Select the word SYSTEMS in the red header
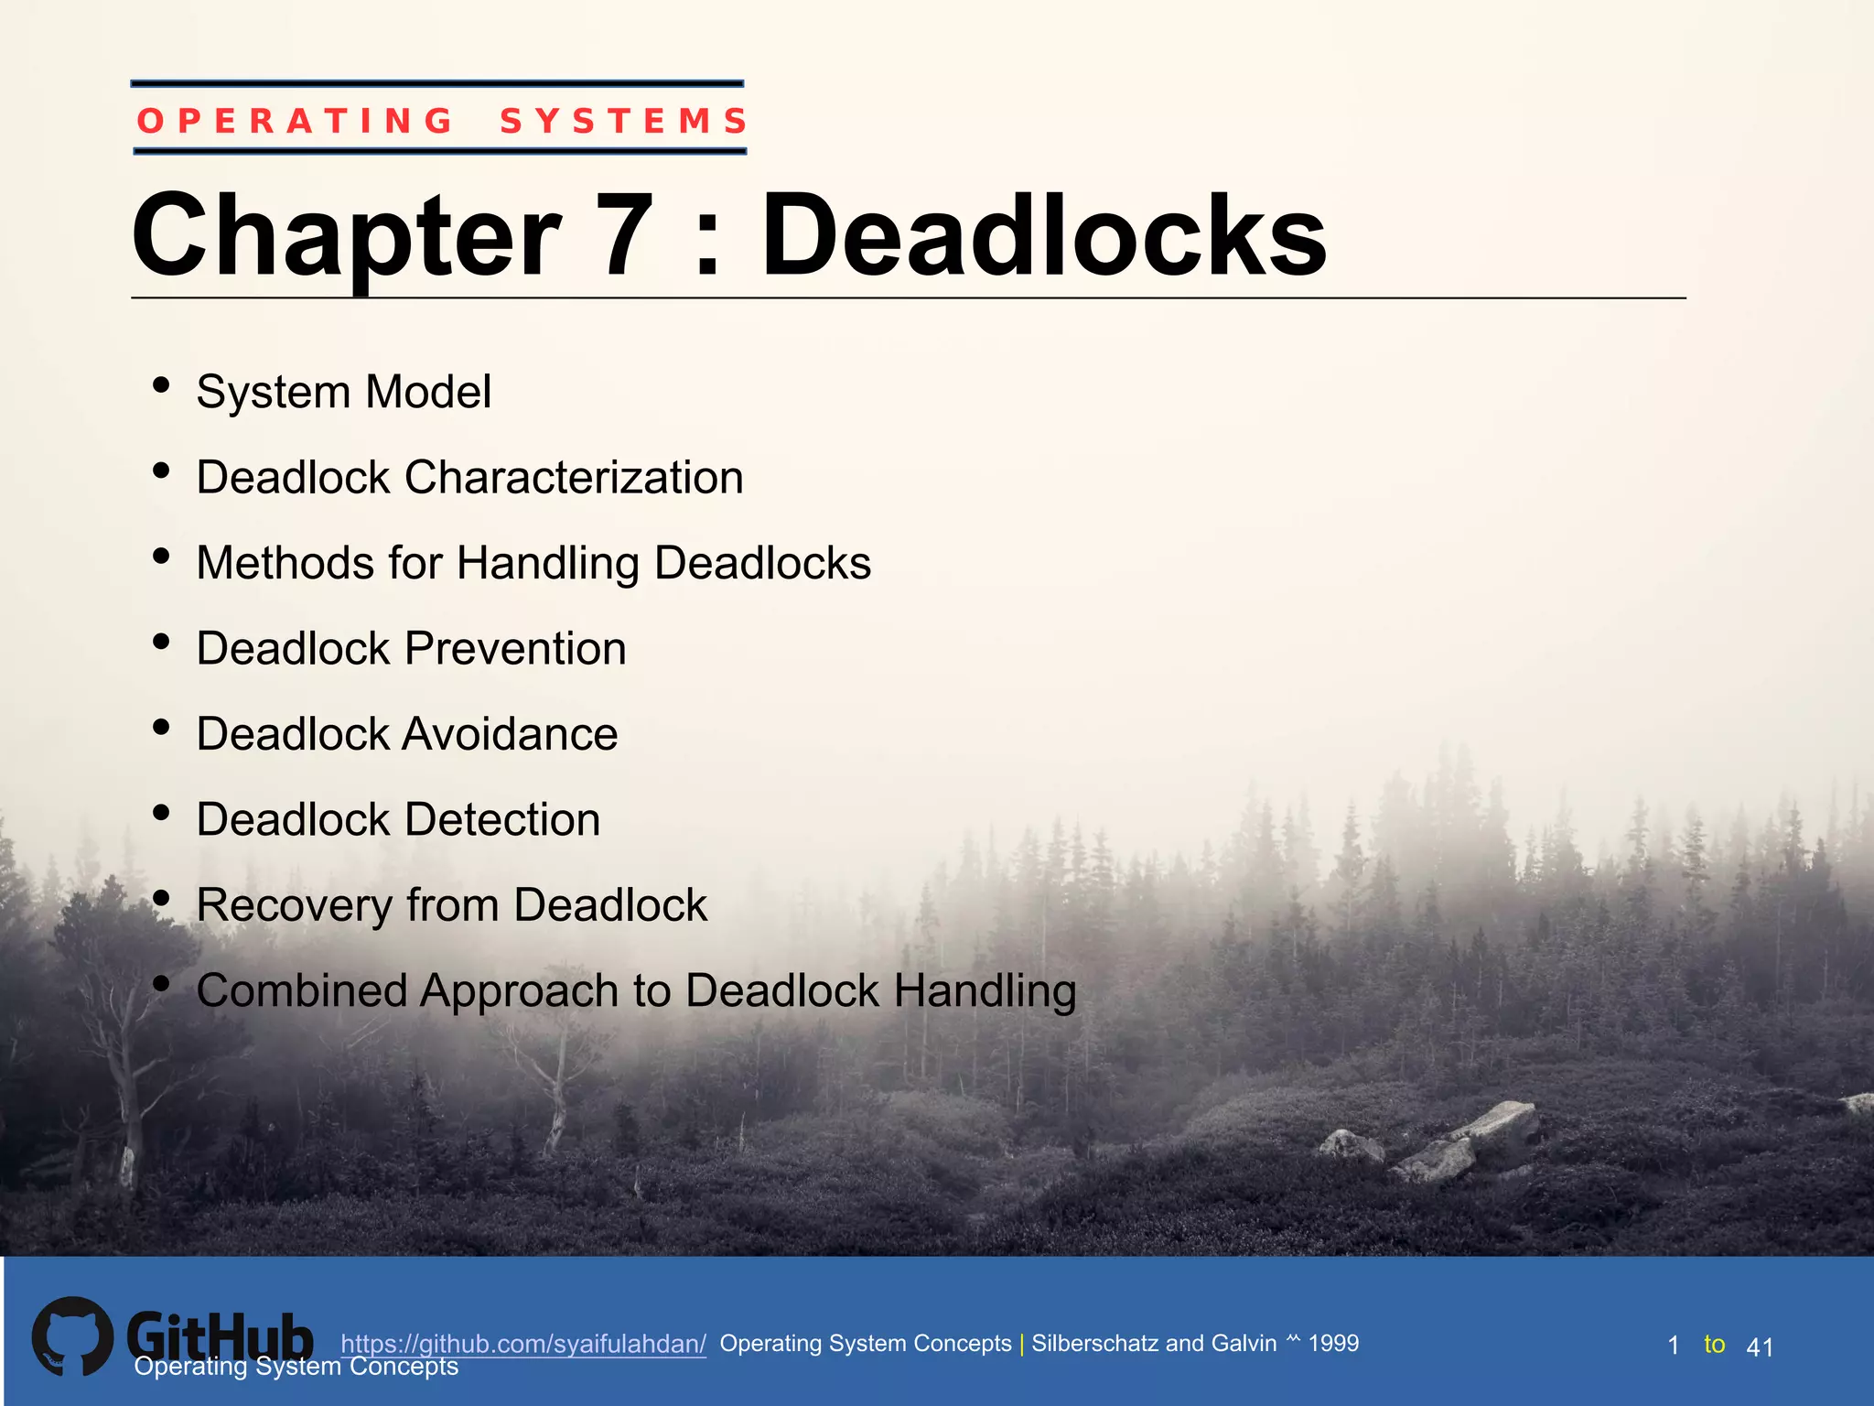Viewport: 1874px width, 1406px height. pos(624,121)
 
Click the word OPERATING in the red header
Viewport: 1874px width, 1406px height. pos(295,121)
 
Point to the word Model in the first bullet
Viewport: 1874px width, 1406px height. pos(428,392)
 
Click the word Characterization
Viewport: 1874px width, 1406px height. pos(574,478)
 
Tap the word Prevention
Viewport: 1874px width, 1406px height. pos(515,649)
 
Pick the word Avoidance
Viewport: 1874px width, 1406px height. pos(511,734)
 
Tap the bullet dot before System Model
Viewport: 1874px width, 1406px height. pos(162,385)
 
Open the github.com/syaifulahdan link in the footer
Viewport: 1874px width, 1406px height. pos(523,1344)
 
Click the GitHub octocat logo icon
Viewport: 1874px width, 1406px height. pos(73,1336)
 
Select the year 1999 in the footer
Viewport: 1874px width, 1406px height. pos(1333,1343)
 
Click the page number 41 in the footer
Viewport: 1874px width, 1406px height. pos(1760,1347)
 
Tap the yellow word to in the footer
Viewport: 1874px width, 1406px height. pos(1714,1344)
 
